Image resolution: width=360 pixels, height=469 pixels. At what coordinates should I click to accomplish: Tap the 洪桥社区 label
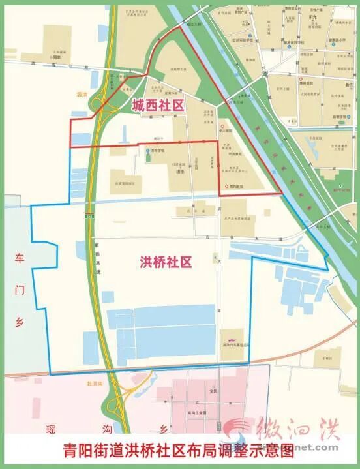point(166,263)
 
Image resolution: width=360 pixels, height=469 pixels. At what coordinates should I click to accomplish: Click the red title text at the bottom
point(179,452)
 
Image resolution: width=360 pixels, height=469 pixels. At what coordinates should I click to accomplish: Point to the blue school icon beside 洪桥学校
point(148,150)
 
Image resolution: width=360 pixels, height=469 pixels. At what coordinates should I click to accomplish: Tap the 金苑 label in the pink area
point(213,391)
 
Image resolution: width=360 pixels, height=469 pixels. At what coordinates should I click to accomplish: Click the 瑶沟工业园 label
point(195,405)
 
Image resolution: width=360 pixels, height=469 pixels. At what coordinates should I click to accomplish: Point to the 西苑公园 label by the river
point(236,102)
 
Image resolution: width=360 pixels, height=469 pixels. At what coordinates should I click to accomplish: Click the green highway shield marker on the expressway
point(87,215)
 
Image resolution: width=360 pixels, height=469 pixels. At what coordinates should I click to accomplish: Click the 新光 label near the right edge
point(348,83)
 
